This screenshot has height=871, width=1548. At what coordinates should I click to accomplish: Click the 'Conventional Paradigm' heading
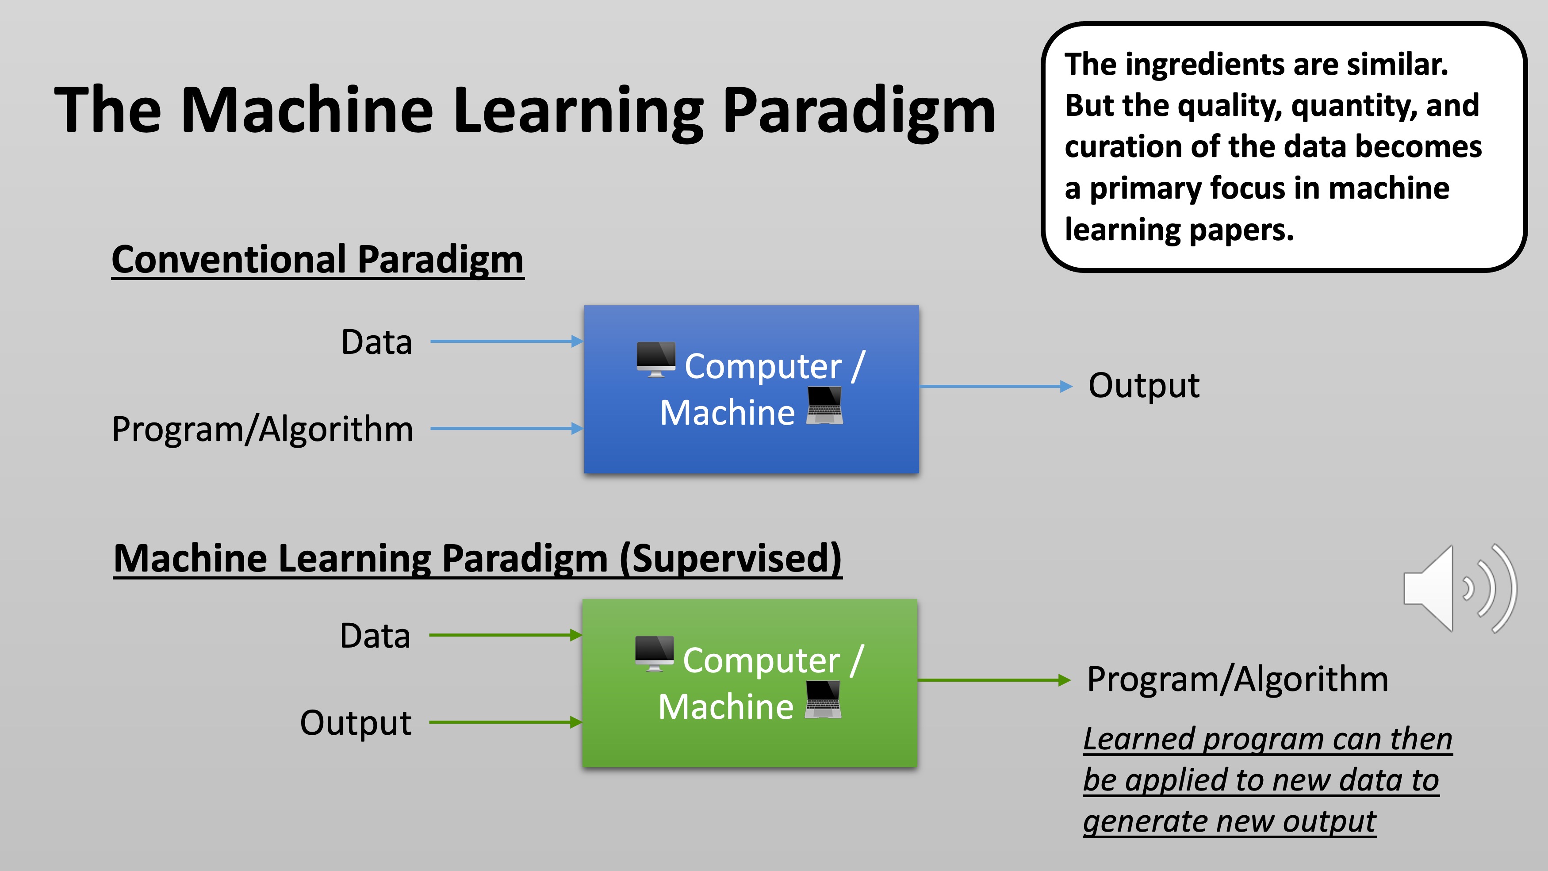317,260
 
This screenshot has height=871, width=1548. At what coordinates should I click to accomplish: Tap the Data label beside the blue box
376,343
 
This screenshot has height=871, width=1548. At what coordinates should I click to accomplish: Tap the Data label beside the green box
375,636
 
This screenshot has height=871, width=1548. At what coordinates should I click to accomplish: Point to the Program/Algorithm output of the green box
1238,679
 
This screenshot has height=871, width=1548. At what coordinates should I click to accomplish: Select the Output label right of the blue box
1144,385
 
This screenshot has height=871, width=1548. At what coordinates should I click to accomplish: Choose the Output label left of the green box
356,722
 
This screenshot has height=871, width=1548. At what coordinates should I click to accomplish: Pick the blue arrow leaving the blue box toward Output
995,387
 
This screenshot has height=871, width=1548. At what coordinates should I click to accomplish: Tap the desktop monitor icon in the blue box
655,359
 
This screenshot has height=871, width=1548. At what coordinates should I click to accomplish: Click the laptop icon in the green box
823,700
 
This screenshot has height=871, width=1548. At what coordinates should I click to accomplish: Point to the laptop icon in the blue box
824,406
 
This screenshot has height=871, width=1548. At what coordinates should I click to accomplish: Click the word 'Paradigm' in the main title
859,111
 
